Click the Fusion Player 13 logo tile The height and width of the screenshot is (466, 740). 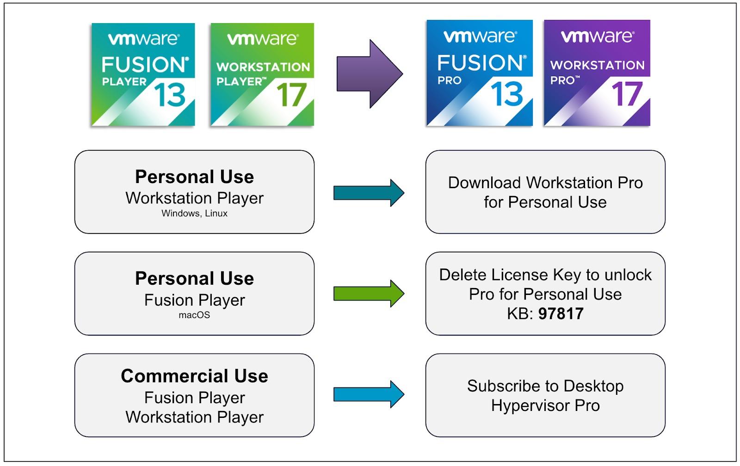click(x=143, y=74)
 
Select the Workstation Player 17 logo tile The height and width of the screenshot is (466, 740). click(x=262, y=74)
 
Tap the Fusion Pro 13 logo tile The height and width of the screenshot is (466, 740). click(x=479, y=73)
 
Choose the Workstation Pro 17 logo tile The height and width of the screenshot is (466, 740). click(x=597, y=73)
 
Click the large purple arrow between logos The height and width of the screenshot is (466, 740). click(x=370, y=74)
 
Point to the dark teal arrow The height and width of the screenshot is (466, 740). click(x=369, y=193)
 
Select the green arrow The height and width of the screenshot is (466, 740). click(x=369, y=294)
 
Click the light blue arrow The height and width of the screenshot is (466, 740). click(x=369, y=394)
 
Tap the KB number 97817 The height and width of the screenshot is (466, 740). click(x=561, y=313)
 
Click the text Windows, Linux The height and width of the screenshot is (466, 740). click(x=195, y=213)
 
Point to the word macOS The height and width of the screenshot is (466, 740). click(x=194, y=315)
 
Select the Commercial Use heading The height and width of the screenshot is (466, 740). click(x=195, y=376)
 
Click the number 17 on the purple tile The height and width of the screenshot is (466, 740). click(x=627, y=94)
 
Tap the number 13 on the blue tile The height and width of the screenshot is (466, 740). click(x=507, y=94)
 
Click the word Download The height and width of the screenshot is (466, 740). click(x=485, y=183)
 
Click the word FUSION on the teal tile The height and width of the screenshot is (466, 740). click(x=145, y=64)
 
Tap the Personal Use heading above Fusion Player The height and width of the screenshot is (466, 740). click(x=195, y=278)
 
